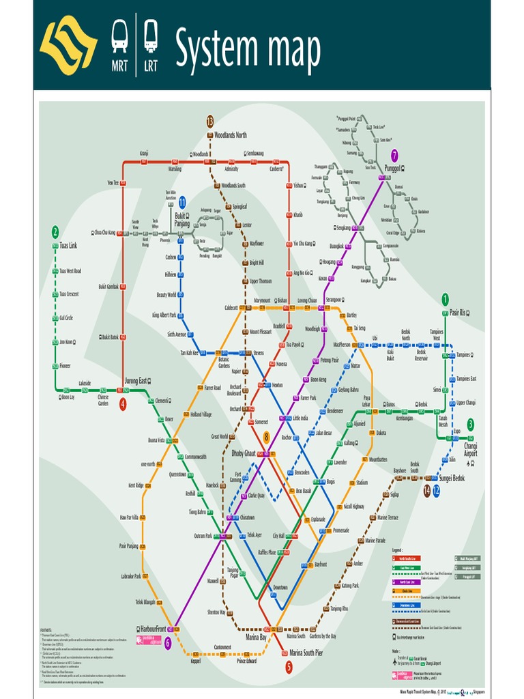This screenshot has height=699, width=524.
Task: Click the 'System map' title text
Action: (248, 49)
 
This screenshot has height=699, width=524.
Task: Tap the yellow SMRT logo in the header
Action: (68, 45)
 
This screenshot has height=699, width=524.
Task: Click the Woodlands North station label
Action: (231, 135)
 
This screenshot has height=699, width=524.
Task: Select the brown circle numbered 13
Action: (210, 121)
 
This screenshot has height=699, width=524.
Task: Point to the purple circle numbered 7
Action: (394, 155)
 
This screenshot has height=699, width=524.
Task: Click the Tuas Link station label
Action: (68, 245)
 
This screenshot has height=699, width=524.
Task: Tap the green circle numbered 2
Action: (55, 231)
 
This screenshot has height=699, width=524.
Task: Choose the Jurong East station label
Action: (136, 381)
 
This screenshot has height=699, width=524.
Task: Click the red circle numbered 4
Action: (123, 404)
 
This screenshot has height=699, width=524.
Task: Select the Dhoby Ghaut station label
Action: (244, 453)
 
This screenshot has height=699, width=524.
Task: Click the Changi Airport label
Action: (471, 449)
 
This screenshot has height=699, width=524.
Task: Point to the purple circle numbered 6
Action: (167, 642)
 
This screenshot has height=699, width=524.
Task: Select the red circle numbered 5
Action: (289, 666)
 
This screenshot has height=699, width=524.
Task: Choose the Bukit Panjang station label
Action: (182, 218)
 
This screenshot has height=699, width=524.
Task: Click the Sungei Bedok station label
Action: (452, 479)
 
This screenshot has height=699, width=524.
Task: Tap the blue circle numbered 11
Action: (182, 202)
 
